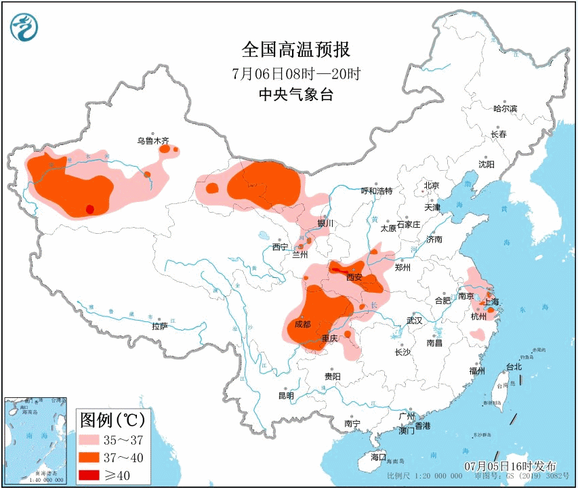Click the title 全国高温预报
click(x=295, y=49)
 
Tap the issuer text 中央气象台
click(x=295, y=95)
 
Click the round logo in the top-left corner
click(x=24, y=27)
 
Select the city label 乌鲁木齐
click(x=153, y=141)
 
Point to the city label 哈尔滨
click(x=505, y=108)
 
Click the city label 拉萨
click(x=159, y=326)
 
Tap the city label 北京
click(x=431, y=186)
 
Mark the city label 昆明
click(x=286, y=395)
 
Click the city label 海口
click(x=377, y=457)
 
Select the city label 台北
click(x=514, y=367)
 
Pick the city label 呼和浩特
click(x=377, y=192)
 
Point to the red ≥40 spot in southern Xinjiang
click(x=89, y=209)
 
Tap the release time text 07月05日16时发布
click(x=511, y=466)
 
